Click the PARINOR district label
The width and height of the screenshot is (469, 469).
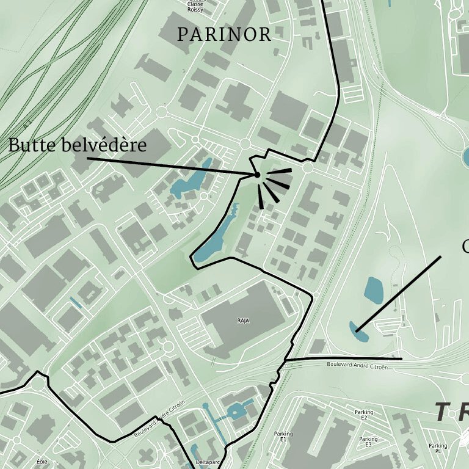224,35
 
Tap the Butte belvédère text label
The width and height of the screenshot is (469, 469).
78,145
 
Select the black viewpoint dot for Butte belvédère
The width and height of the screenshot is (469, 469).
257,175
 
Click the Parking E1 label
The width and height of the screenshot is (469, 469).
284,437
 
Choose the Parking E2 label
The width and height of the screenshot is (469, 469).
363,415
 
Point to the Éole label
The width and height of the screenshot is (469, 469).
42,462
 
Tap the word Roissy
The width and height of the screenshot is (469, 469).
195,9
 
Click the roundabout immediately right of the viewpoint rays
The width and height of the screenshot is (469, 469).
308,167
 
